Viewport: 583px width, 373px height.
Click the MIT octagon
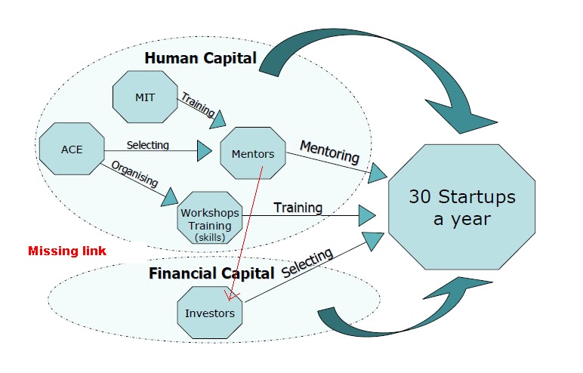coord(145,97)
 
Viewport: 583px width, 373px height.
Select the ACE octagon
coord(71,150)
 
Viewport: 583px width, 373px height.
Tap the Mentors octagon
coord(253,155)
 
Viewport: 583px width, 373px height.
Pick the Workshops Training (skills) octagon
coord(209,218)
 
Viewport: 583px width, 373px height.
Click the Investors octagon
coord(209,313)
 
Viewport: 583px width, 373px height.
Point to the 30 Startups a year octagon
coord(461,208)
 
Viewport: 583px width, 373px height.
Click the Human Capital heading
coord(200,58)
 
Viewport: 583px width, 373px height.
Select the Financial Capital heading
coord(211,273)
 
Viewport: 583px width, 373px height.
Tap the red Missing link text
coord(67,251)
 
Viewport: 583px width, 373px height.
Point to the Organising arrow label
coord(135,174)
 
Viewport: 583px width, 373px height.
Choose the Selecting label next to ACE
coord(148,144)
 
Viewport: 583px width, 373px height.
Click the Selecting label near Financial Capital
coord(307,263)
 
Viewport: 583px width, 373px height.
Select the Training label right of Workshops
coord(298,207)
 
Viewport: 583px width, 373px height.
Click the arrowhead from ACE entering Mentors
coord(204,151)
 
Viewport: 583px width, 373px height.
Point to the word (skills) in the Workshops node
coord(209,237)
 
